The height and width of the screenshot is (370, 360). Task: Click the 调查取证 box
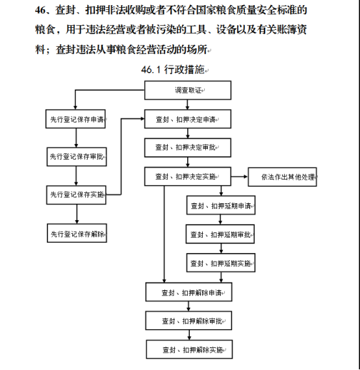188,90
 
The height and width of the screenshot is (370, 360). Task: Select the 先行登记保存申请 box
75,119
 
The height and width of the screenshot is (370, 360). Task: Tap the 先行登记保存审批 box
77,156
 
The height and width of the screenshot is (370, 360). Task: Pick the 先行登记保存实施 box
76,195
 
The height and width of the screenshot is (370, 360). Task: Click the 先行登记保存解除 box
77,233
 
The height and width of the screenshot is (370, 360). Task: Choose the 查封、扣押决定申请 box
188,119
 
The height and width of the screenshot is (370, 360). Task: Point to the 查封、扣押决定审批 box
188,148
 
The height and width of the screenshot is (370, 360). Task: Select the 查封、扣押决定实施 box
188,177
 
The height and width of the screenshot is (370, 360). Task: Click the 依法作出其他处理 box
282,177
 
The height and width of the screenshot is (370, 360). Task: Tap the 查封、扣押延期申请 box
221,205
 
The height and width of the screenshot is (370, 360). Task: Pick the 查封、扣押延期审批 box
220,234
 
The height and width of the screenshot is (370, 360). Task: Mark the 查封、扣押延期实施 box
221,263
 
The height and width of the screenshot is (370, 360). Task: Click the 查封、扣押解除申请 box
188,292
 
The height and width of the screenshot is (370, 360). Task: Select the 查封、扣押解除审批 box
188,321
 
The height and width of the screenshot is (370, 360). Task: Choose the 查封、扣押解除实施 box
189,349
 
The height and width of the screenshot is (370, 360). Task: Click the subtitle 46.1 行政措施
173,69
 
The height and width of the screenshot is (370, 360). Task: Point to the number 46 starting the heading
40,10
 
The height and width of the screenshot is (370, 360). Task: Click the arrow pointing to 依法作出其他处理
239,177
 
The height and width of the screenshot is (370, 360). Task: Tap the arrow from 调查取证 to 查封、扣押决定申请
188,105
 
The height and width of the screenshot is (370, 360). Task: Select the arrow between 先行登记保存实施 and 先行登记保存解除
77,214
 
